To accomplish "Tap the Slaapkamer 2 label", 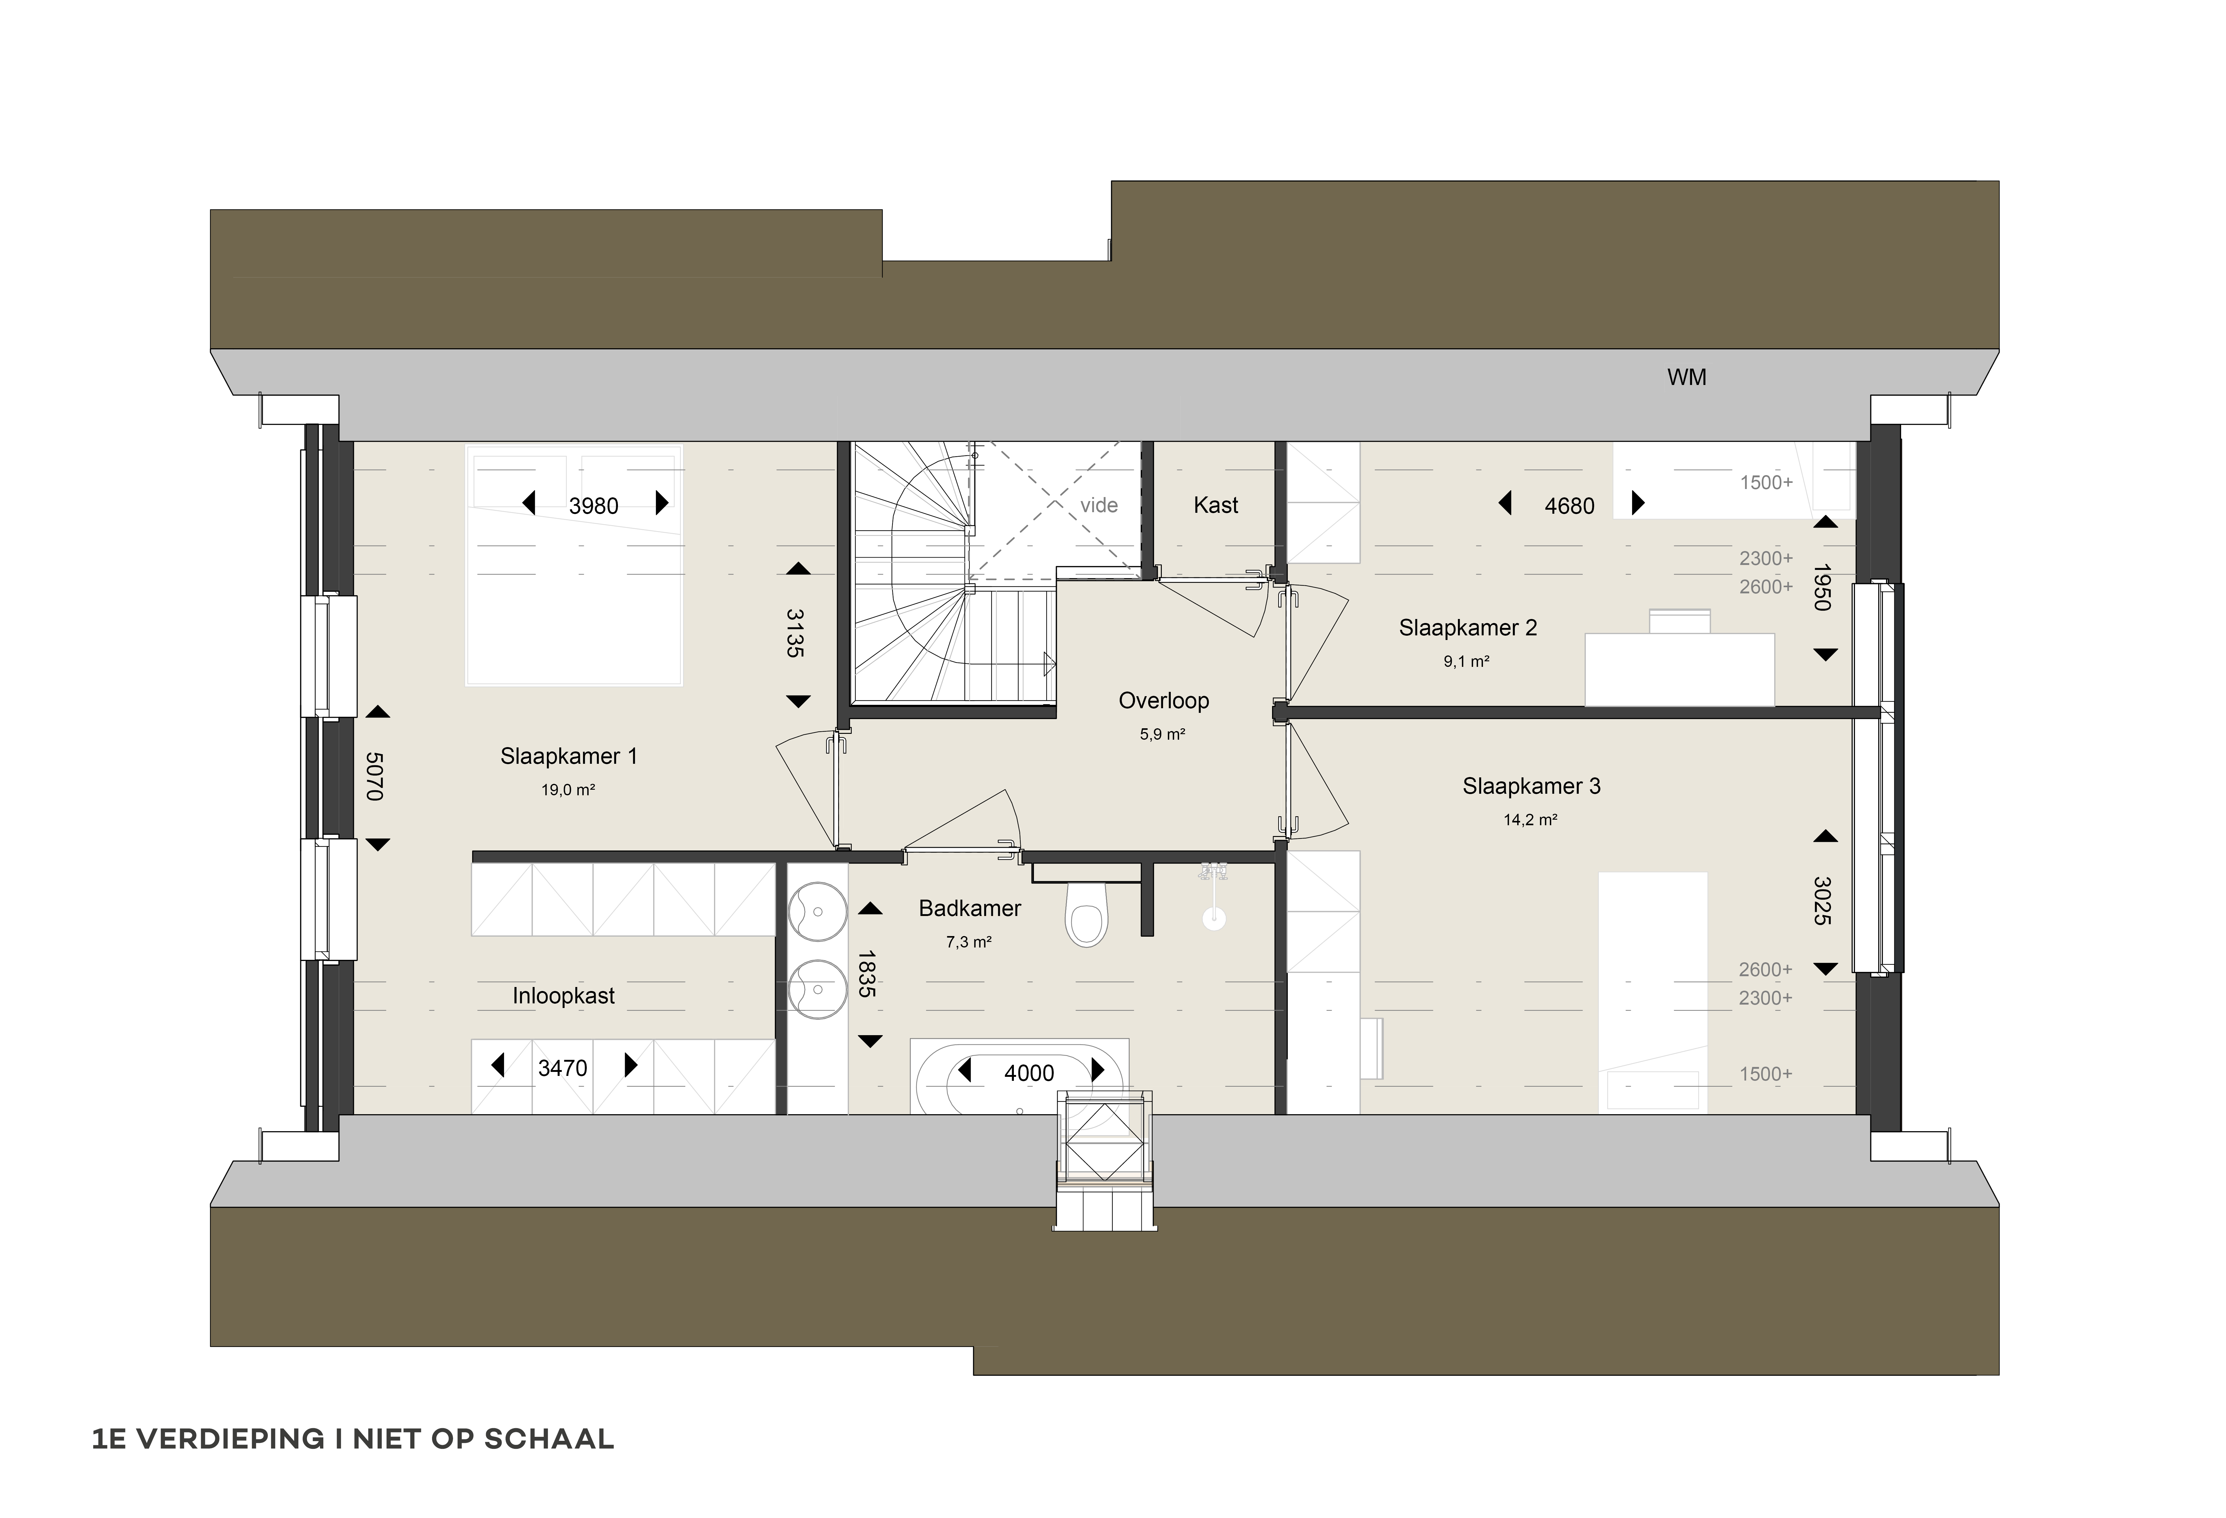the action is [1468, 628].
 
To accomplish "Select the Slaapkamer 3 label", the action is [1531, 786].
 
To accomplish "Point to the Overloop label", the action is [1164, 701].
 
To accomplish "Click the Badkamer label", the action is [969, 908].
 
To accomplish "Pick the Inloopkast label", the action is [563, 996].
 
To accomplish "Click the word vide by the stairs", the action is [1098, 506].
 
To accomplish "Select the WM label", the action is [1687, 377].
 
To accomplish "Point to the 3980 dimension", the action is [594, 506].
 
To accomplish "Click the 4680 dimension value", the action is [1569, 506].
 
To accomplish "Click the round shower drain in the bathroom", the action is [1215, 918].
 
